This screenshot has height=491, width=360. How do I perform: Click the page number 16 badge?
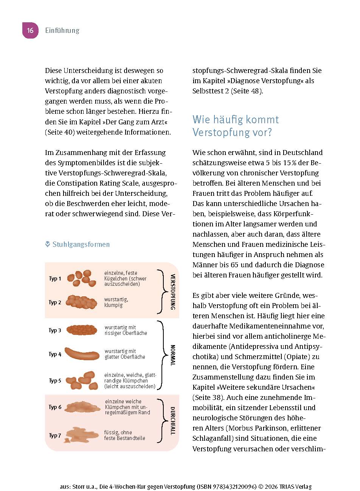point(30,30)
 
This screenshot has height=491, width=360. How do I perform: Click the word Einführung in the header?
point(62,31)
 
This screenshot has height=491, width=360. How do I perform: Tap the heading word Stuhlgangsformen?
point(81,244)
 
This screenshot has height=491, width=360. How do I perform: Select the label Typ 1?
point(55,279)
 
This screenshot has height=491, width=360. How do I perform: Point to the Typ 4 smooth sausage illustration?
point(82,354)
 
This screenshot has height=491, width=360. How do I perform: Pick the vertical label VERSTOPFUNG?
point(173,292)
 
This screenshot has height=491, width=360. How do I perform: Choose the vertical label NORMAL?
point(173,355)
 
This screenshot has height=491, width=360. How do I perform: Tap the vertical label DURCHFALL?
point(172,421)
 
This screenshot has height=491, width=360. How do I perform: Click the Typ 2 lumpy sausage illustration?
point(81,301)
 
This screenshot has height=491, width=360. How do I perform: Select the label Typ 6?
point(55,407)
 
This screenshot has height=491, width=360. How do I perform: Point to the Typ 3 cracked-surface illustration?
point(82,330)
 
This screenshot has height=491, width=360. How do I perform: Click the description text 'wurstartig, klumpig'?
point(116,302)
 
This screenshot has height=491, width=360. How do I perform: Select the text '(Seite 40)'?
point(59,132)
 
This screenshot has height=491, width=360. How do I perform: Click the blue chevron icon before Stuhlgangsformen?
point(48,244)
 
